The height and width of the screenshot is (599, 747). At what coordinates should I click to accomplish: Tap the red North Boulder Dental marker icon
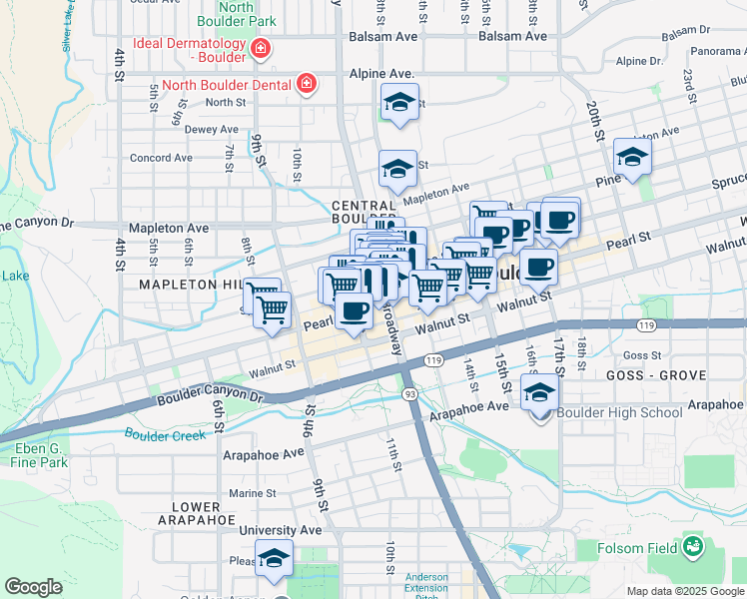tap(307, 84)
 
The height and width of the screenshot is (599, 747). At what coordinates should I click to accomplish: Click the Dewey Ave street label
tap(211, 129)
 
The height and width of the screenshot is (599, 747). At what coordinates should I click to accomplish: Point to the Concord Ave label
tap(161, 158)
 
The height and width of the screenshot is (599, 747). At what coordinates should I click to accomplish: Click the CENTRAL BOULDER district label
tap(365, 212)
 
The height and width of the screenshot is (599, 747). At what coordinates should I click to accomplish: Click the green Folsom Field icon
tap(691, 547)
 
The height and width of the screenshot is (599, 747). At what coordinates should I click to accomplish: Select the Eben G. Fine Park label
tap(40, 456)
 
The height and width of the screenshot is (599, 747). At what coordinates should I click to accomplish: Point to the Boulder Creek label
tap(167, 434)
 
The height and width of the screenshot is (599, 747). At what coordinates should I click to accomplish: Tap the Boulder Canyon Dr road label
tap(210, 397)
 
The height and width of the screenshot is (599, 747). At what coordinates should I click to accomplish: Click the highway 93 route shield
tap(409, 394)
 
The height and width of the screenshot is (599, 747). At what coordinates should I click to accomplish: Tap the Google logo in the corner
tap(33, 587)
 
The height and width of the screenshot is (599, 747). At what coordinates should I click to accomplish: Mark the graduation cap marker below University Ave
tap(274, 559)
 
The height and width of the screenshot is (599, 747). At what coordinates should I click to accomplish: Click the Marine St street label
tap(252, 493)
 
